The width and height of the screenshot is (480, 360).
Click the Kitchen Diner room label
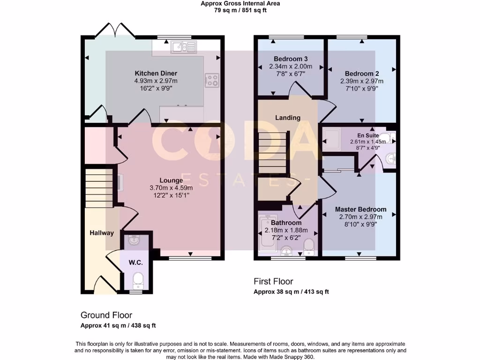point(156,74)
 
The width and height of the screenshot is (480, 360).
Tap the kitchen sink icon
point(185,46)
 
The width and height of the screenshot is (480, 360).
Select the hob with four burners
point(212,81)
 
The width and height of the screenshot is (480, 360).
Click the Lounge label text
point(168,180)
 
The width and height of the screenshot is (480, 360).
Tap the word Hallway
point(102,232)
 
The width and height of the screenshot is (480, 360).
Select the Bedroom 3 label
point(291,59)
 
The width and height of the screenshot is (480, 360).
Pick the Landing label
point(287,118)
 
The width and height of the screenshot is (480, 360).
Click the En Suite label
point(367,135)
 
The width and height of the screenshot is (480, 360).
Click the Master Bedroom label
point(360,209)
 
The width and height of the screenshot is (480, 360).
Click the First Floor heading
point(273,281)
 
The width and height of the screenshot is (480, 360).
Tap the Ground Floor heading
point(106,315)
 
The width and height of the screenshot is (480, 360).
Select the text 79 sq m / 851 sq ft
point(240,10)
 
